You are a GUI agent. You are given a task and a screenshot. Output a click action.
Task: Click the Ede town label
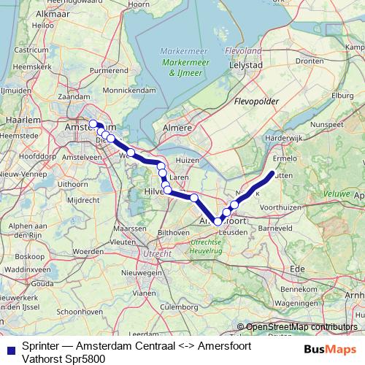(297, 269)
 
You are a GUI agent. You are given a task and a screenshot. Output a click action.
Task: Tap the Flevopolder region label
(255, 102)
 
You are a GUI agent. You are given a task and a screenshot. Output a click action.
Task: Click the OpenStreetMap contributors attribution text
(301, 327)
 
